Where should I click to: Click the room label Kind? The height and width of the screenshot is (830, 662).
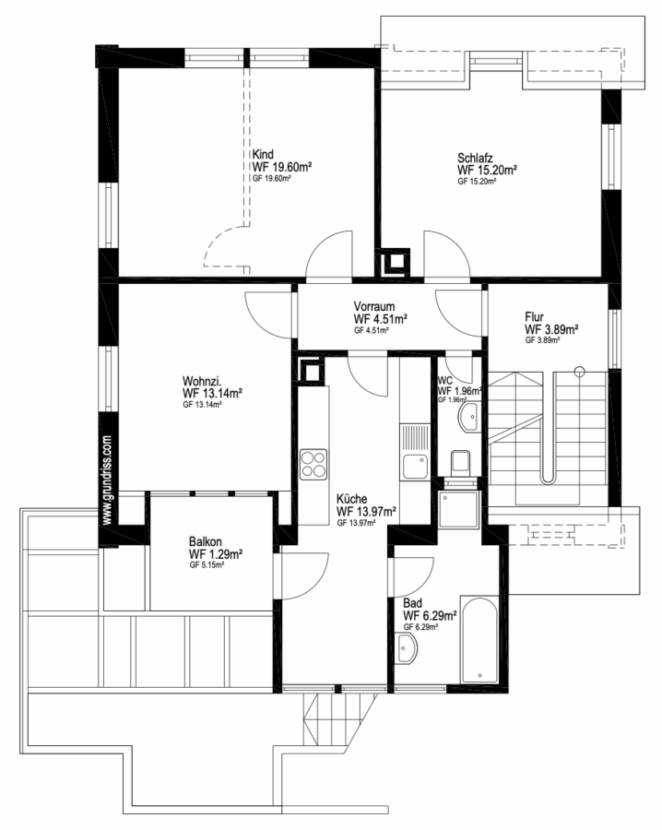[x=263, y=154]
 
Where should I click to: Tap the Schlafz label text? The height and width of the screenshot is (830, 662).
[x=475, y=158]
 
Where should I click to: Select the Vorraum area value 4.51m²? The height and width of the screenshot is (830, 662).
[x=388, y=319]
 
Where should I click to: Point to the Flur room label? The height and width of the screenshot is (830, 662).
[x=534, y=316]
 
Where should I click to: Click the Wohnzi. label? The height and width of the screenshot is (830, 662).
[x=202, y=381]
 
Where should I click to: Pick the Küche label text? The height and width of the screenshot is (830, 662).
[x=351, y=499]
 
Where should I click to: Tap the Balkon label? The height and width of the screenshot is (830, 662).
[x=206, y=541]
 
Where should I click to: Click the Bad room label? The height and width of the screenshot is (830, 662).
[x=412, y=603]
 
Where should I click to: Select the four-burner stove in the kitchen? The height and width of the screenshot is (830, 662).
[x=313, y=463]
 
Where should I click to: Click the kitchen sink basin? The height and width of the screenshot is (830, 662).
[x=416, y=467]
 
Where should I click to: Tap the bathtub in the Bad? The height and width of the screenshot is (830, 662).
[x=479, y=640]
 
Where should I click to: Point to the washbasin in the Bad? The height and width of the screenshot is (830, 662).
[x=407, y=647]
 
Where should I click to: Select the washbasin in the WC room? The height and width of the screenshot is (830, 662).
[x=469, y=417]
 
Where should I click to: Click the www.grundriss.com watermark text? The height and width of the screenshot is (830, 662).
[x=108, y=480]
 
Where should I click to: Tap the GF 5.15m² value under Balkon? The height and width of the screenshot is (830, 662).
[x=207, y=564]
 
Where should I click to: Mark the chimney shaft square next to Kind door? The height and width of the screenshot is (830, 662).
[x=395, y=261]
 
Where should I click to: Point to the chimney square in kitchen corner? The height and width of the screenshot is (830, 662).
[x=310, y=371]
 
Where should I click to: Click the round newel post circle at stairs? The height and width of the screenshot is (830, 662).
[x=580, y=371]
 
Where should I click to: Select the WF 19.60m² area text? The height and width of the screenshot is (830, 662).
[x=281, y=167]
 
